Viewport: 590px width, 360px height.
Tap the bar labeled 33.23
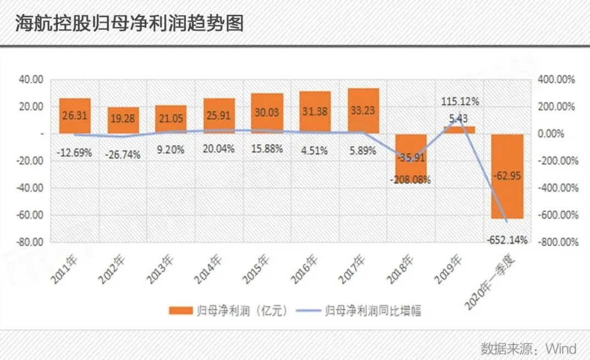pos(363,110)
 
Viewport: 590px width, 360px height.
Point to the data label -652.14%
pos(507,240)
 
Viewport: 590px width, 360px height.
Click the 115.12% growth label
pos(460,102)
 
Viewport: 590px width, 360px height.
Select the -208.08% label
pos(411,179)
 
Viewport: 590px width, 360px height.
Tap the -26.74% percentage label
pos(123,154)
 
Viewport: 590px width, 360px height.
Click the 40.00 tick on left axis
pos(31,80)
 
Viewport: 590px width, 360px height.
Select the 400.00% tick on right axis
pos(556,80)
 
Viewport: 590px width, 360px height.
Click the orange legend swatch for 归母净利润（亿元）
pos(180,311)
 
